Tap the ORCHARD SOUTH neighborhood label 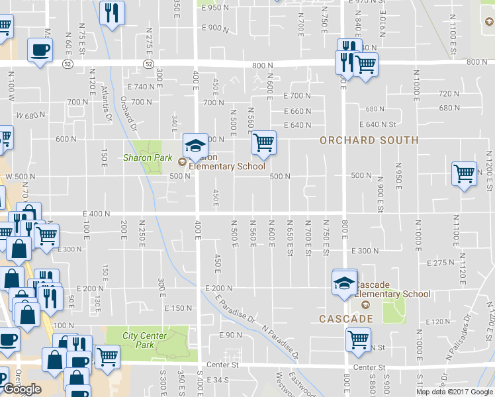click(x=369, y=140)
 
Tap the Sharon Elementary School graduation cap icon click(x=195, y=146)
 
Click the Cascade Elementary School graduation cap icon click(x=345, y=283)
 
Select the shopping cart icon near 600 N click(x=263, y=142)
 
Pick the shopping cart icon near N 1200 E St click(x=465, y=174)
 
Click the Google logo click(x=22, y=388)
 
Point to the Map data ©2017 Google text click(x=455, y=392)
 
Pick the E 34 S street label click(x=216, y=380)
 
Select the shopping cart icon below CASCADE click(x=358, y=340)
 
